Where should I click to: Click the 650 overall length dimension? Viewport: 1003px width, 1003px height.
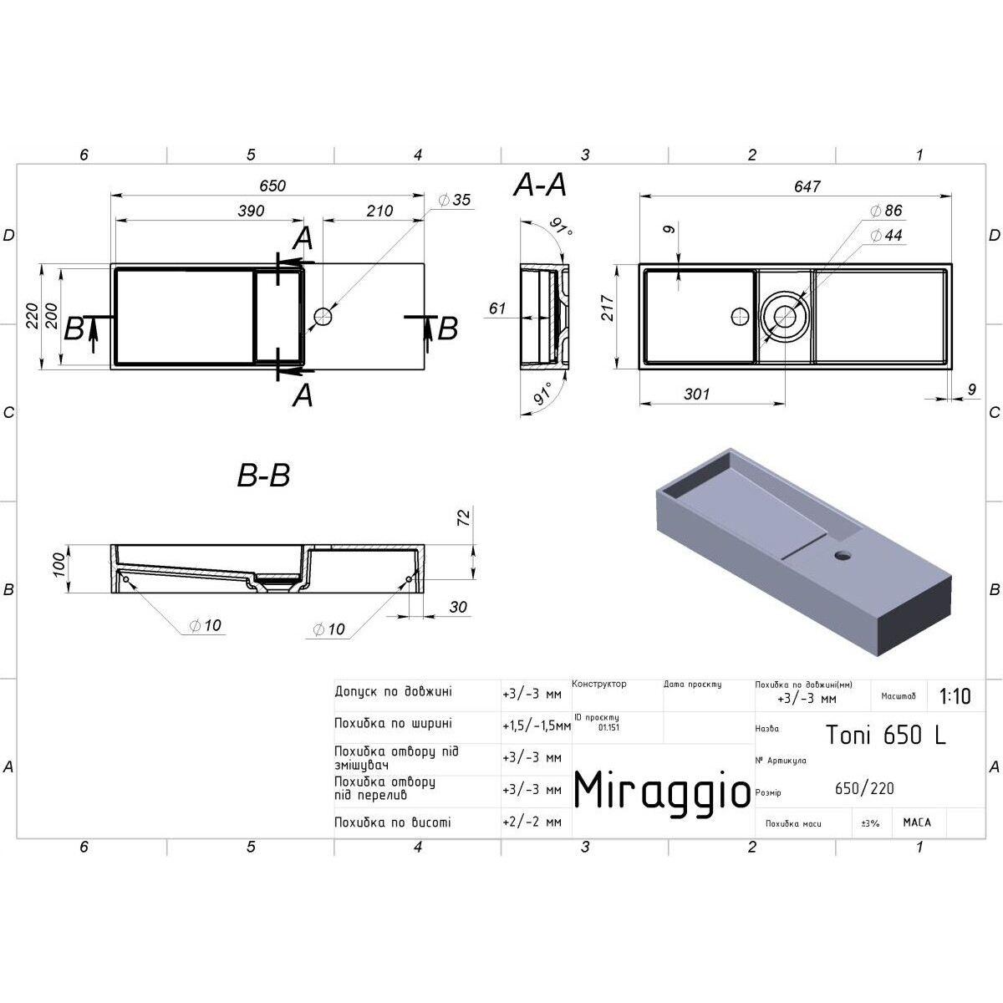(272, 186)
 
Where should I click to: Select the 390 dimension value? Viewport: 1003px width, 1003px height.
(251, 211)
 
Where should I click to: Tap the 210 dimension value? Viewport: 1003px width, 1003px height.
(379, 211)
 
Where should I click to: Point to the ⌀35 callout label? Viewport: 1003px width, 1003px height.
(454, 200)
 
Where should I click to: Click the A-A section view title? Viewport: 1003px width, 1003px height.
(540, 186)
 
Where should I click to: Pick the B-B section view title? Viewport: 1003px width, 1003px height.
(263, 476)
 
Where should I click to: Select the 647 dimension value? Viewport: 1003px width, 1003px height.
(807, 186)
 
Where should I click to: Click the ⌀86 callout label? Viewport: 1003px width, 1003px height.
(886, 211)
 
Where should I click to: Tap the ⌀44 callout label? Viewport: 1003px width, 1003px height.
(886, 235)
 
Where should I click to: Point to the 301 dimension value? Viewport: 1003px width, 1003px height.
(696, 394)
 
